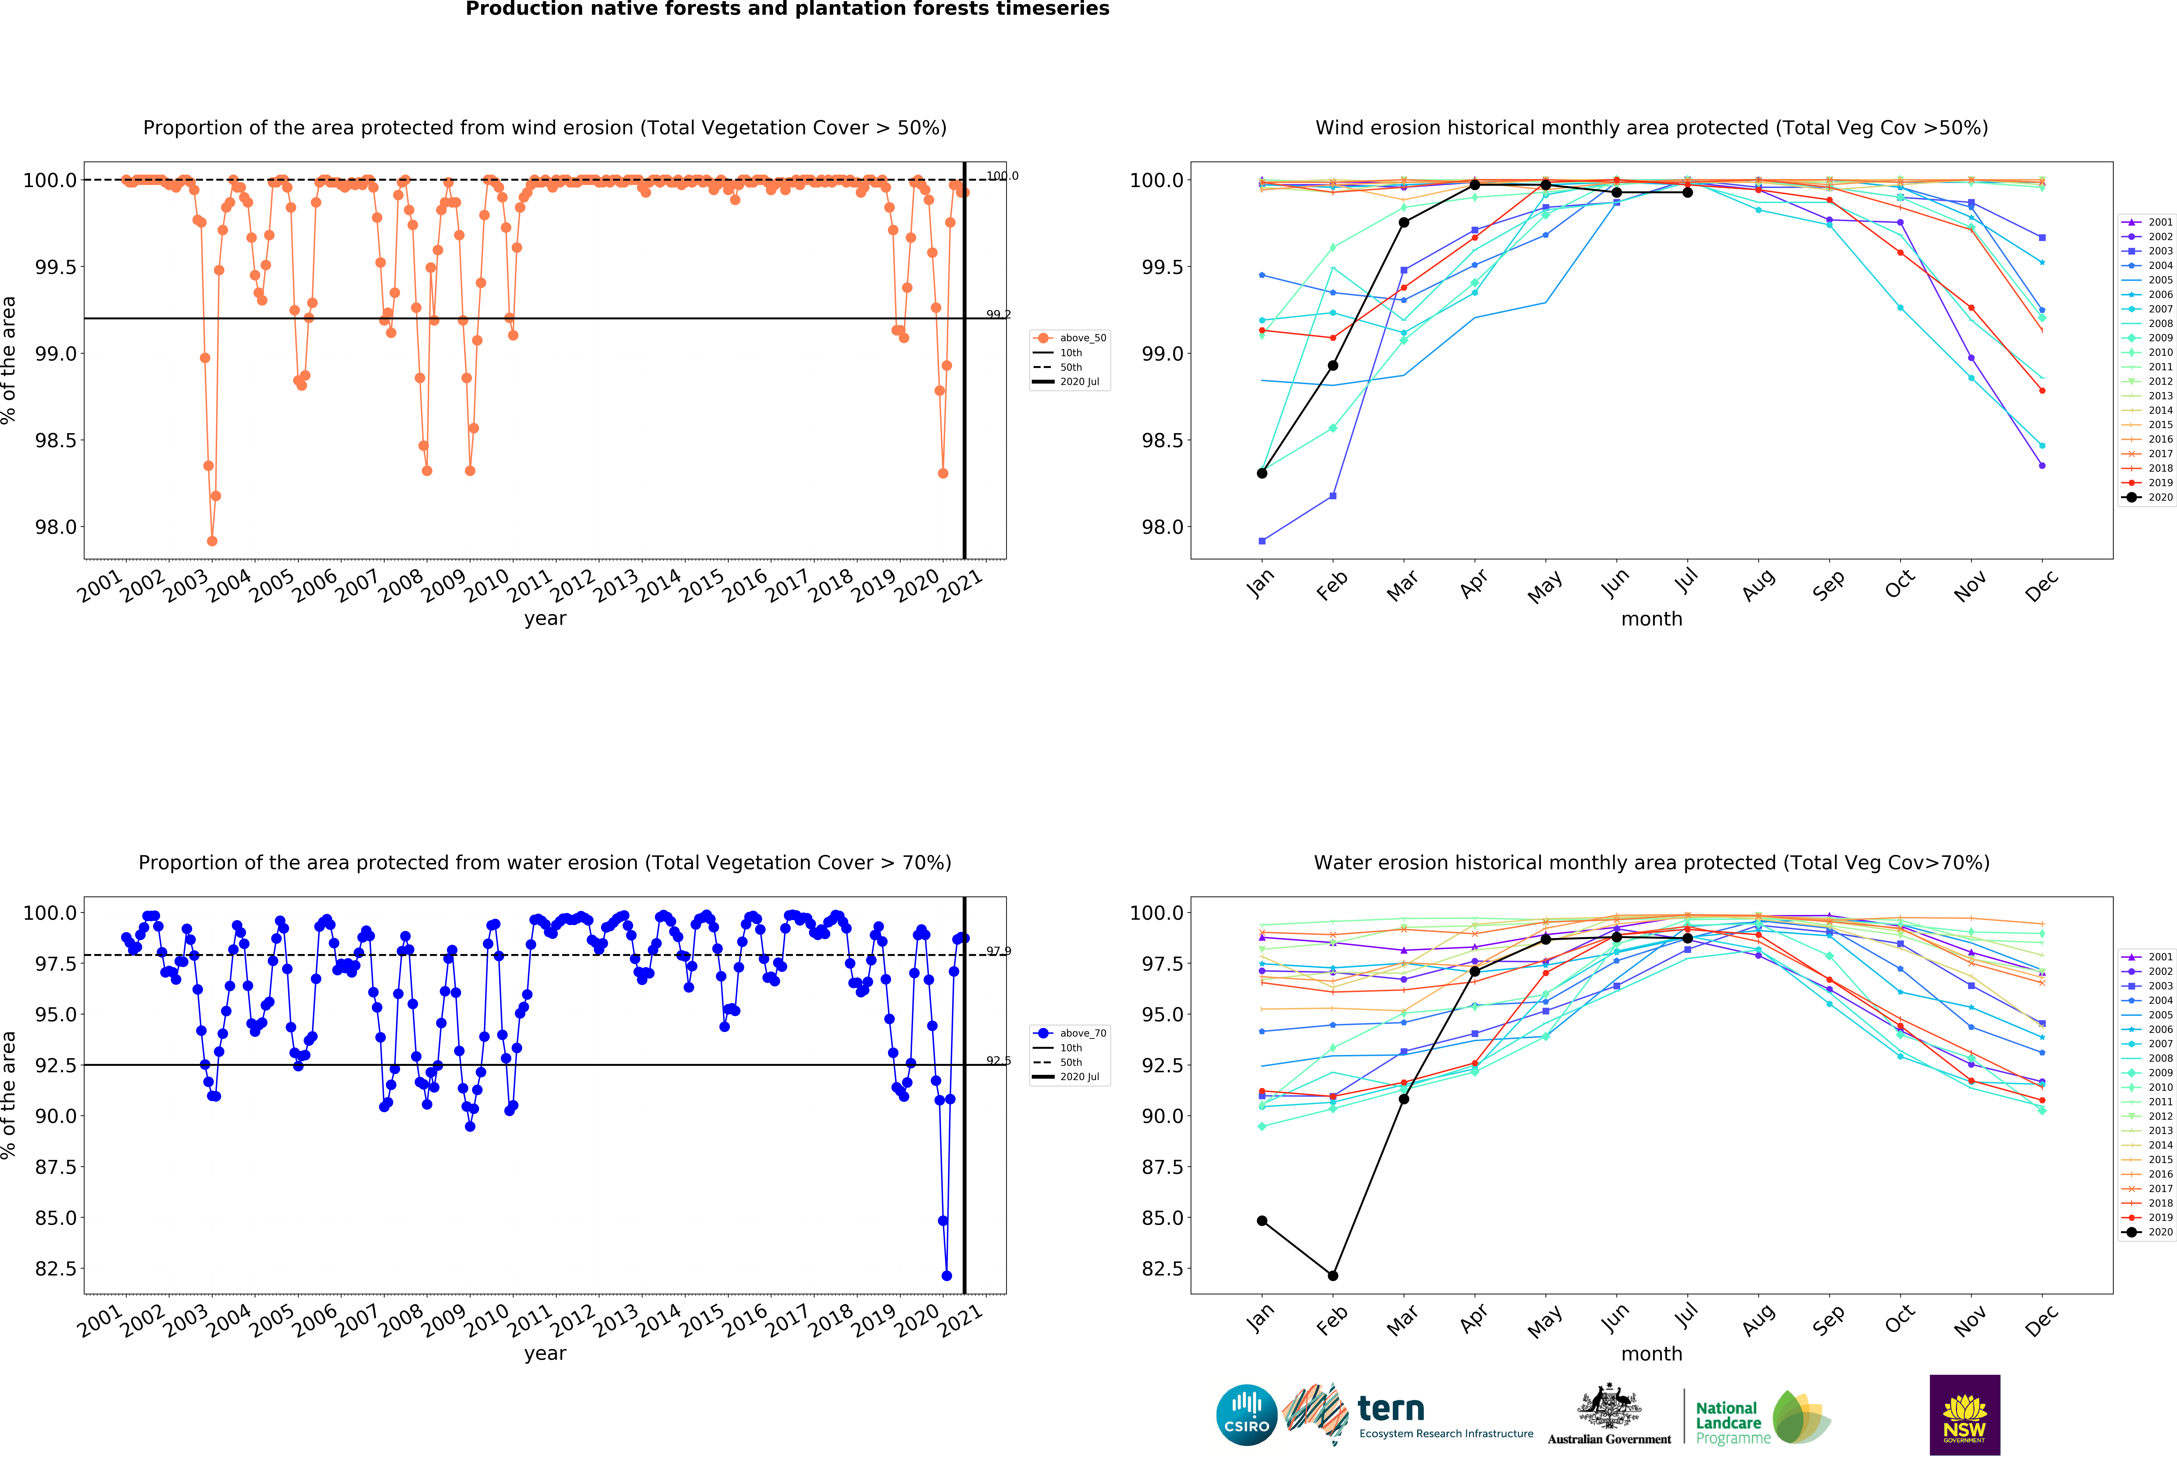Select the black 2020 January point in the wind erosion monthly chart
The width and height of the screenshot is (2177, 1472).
(1262, 473)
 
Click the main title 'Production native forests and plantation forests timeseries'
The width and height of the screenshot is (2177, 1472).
(787, 9)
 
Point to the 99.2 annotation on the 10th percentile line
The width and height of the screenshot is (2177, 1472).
(999, 314)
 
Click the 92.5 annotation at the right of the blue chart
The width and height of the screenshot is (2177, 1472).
(999, 1061)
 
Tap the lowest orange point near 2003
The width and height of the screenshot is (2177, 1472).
(212, 541)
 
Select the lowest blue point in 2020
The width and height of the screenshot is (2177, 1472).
(946, 1275)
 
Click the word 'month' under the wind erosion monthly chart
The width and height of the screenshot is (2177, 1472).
(1651, 618)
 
